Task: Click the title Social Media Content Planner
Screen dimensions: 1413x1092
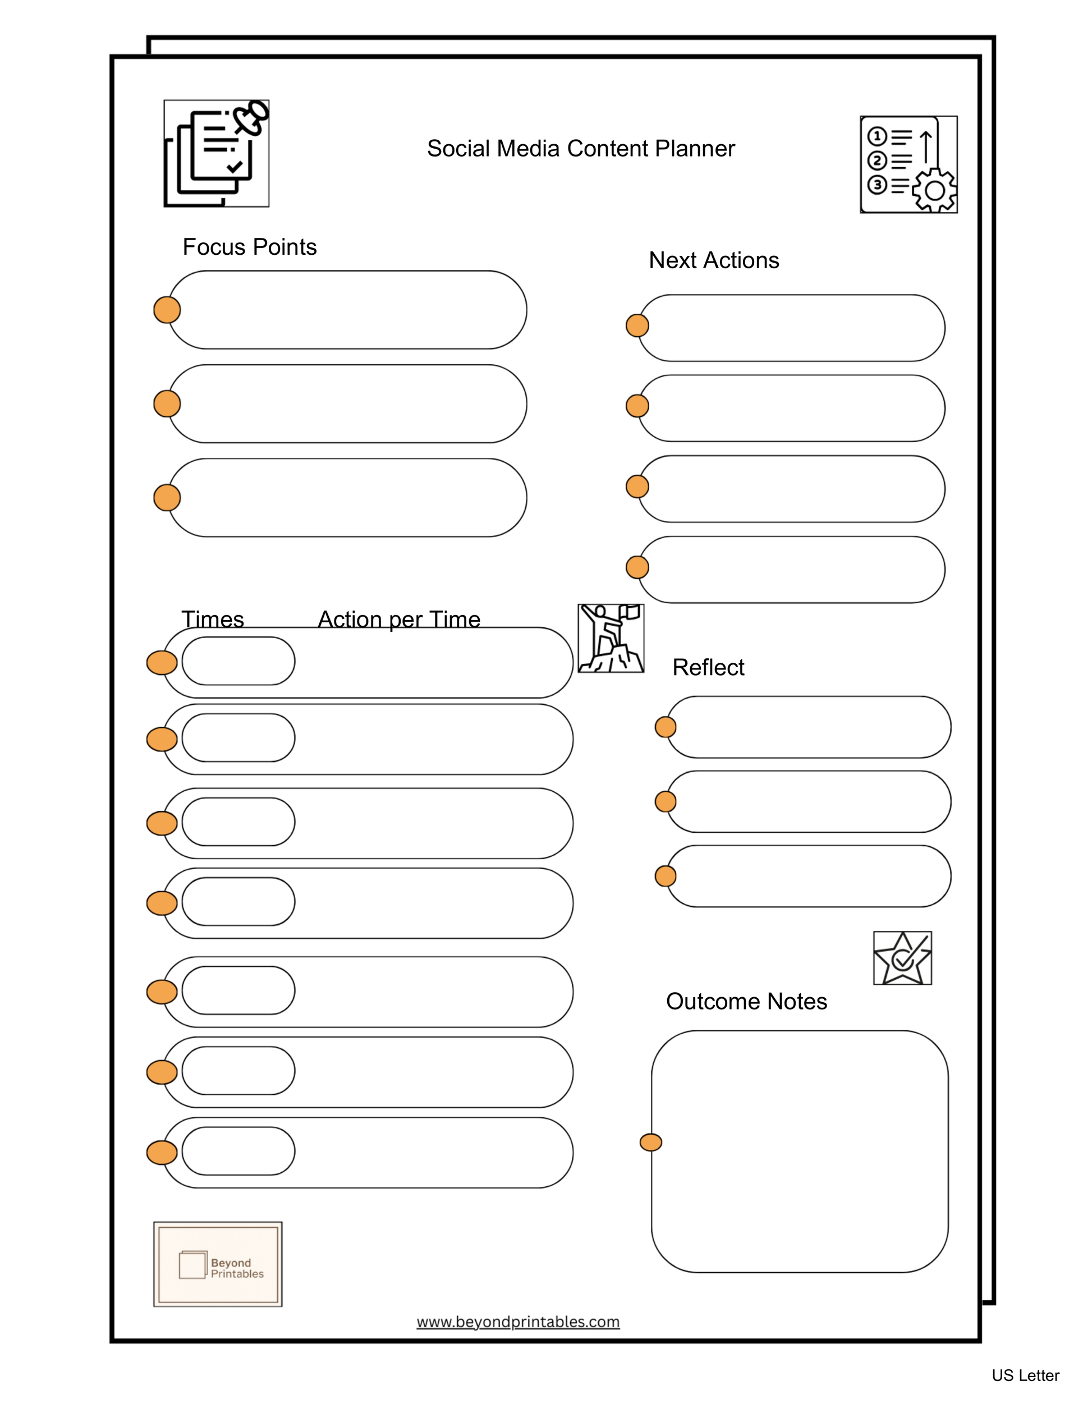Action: click(580, 149)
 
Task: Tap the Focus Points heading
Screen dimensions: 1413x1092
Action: click(249, 247)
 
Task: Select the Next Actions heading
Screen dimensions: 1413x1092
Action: click(714, 260)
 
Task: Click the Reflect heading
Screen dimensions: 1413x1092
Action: click(708, 667)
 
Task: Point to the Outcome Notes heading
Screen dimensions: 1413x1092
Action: click(746, 1001)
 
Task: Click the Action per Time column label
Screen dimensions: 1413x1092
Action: click(398, 619)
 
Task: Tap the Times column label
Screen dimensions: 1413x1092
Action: click(212, 619)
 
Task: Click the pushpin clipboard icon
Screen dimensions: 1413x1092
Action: click(216, 153)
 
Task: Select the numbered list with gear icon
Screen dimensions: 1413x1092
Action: click(909, 164)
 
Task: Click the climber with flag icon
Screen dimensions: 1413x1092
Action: click(610, 638)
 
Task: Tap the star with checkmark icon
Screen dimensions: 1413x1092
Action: click(902, 957)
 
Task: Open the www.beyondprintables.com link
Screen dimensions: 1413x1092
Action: click(517, 1321)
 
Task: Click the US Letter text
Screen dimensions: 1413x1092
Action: click(1025, 1375)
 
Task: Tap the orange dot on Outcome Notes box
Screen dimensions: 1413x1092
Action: click(650, 1142)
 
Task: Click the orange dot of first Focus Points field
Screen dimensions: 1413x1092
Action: click(167, 310)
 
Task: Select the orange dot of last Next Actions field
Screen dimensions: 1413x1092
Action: click(637, 567)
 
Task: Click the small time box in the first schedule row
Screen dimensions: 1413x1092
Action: click(238, 660)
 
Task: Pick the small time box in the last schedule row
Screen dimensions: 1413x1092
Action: click(238, 1151)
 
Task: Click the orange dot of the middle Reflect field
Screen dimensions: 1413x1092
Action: click(665, 801)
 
